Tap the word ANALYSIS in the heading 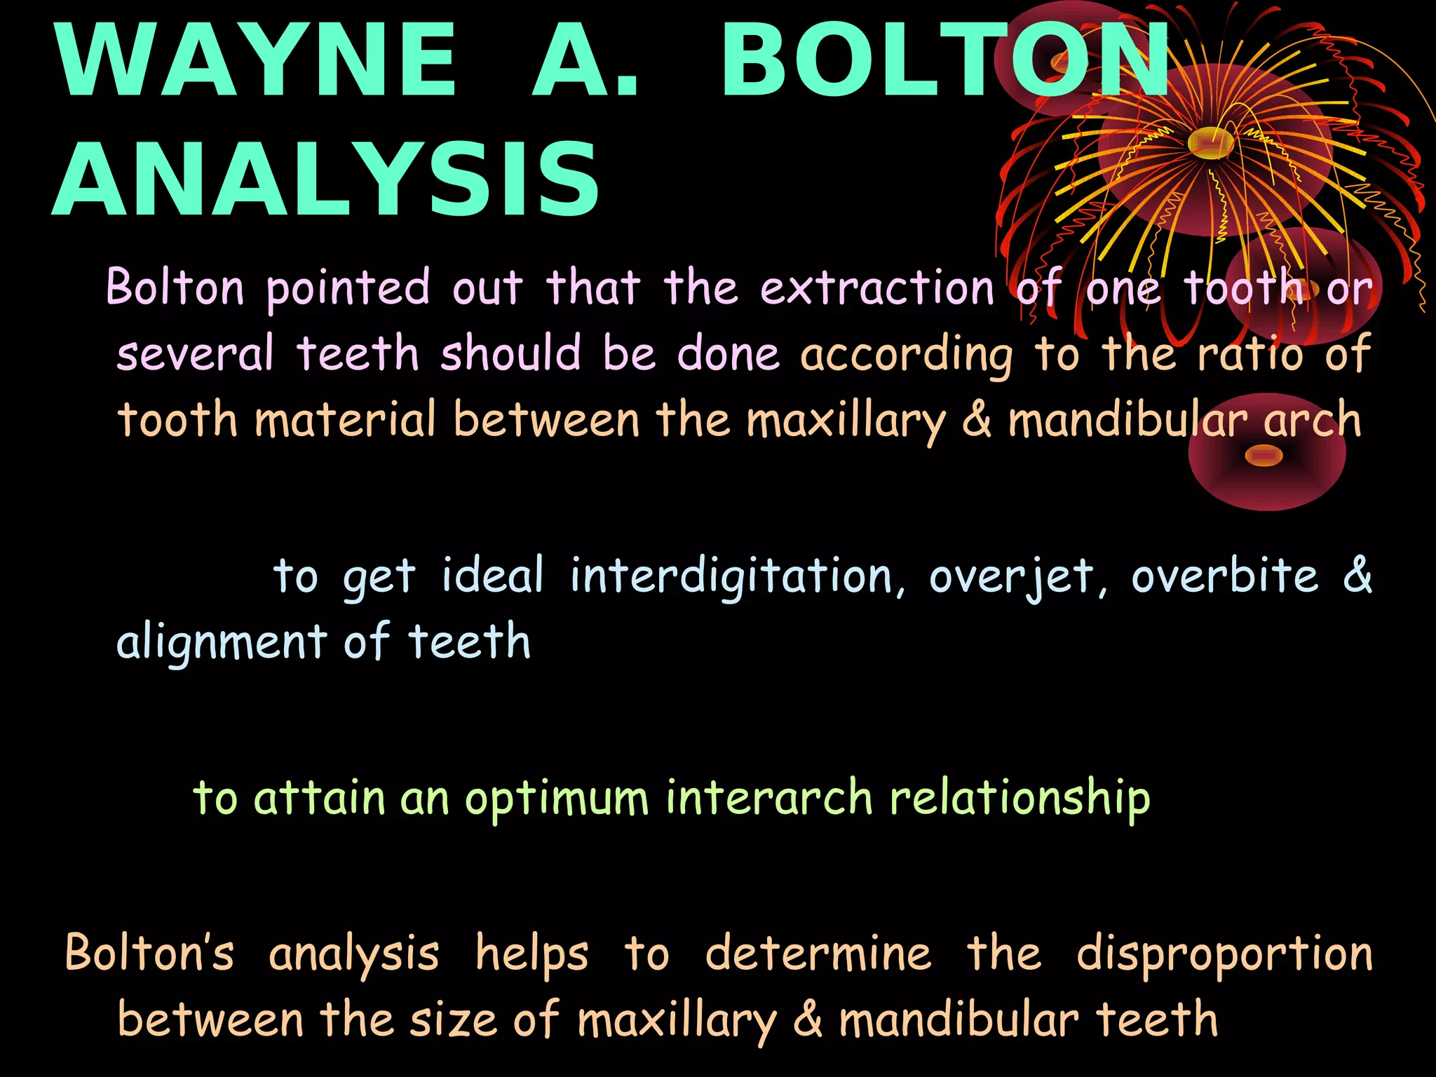coord(325,179)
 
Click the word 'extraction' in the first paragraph coord(877,288)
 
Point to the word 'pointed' coord(348,288)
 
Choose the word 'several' coord(195,353)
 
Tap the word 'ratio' coord(1249,353)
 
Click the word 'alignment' coord(222,642)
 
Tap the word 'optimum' coord(557,799)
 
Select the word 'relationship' coord(1020,799)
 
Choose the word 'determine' coord(818,954)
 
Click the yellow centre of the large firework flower coord(1211,142)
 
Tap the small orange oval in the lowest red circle coord(1264,456)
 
